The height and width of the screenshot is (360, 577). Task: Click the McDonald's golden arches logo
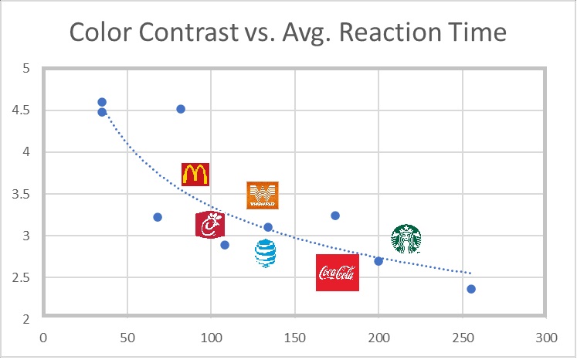click(195, 175)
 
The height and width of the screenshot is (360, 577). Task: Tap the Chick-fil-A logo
click(210, 226)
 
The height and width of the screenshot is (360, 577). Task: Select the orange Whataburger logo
click(262, 195)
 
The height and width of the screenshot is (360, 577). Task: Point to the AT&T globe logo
click(265, 253)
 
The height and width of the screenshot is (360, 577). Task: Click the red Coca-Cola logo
click(338, 273)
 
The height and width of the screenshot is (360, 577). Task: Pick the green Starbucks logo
click(406, 239)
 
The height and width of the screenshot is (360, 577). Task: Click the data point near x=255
click(471, 289)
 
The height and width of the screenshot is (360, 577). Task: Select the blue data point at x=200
click(378, 261)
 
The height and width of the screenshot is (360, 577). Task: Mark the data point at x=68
click(158, 217)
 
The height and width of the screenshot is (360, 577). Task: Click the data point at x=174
click(335, 216)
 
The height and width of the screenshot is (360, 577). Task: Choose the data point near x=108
click(225, 245)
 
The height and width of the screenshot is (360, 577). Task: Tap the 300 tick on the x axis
click(546, 338)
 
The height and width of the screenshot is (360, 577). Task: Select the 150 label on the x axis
click(294, 338)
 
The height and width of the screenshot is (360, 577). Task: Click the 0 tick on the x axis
click(43, 338)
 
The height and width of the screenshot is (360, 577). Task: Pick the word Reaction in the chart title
click(398, 33)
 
